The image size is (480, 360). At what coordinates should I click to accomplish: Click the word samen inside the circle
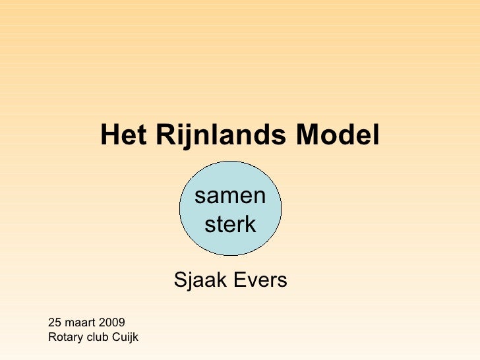(x=230, y=196)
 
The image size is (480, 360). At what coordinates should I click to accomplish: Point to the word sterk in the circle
(x=230, y=225)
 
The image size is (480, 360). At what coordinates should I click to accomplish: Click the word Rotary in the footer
(x=63, y=338)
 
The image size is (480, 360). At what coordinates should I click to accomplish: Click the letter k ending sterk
(x=250, y=225)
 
